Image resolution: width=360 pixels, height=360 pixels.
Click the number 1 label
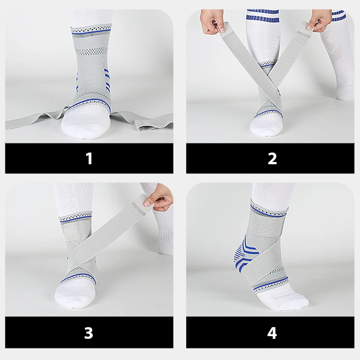89,158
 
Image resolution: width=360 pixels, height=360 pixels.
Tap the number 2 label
272,158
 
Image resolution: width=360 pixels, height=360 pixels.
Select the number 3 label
89,333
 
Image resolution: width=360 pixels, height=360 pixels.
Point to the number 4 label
272,333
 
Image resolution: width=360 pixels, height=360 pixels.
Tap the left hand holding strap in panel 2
212,22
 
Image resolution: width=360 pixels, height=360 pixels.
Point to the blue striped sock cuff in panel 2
263,15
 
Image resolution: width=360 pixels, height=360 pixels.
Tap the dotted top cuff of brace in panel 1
91,30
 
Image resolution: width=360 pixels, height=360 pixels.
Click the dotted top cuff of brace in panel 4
269,210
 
